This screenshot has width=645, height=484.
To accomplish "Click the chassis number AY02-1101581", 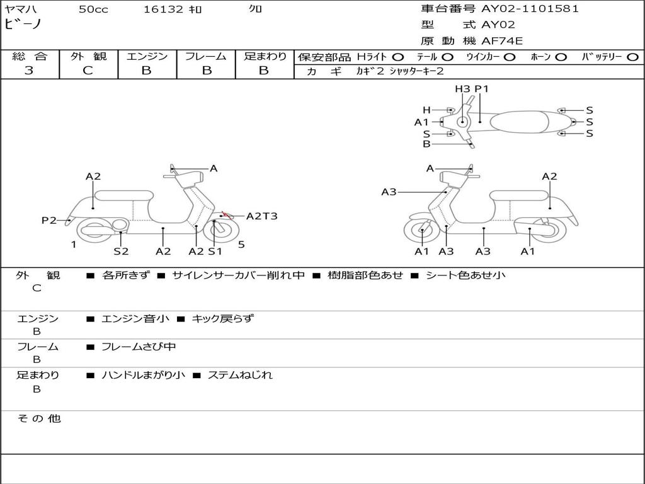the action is pos(530,9).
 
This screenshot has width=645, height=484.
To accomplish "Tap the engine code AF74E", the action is pos(502,41).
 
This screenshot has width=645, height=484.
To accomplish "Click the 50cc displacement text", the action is pos(93,9).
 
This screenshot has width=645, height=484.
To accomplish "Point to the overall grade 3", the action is pos(29,70).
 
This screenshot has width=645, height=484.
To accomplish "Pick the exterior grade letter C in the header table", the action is pos(88,70).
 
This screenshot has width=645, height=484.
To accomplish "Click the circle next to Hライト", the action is pos(398,57).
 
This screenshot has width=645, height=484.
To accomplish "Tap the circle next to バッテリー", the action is pos(632,57).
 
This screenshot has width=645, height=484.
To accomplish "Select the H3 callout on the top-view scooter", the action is pos(462,89).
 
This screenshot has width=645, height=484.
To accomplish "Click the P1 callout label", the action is pos(481,89).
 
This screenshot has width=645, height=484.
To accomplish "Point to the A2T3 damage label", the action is pos(261,216).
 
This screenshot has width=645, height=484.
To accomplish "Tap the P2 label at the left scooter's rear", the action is pos(49,221).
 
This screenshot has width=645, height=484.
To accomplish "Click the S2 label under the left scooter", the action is pos(121,251).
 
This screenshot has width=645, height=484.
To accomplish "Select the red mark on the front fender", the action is pos(225,214).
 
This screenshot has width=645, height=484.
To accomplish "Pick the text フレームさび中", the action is pos(139,347).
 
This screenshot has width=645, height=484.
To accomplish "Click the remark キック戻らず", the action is pos(223,318).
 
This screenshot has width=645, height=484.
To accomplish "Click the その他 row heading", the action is pos(38,418).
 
